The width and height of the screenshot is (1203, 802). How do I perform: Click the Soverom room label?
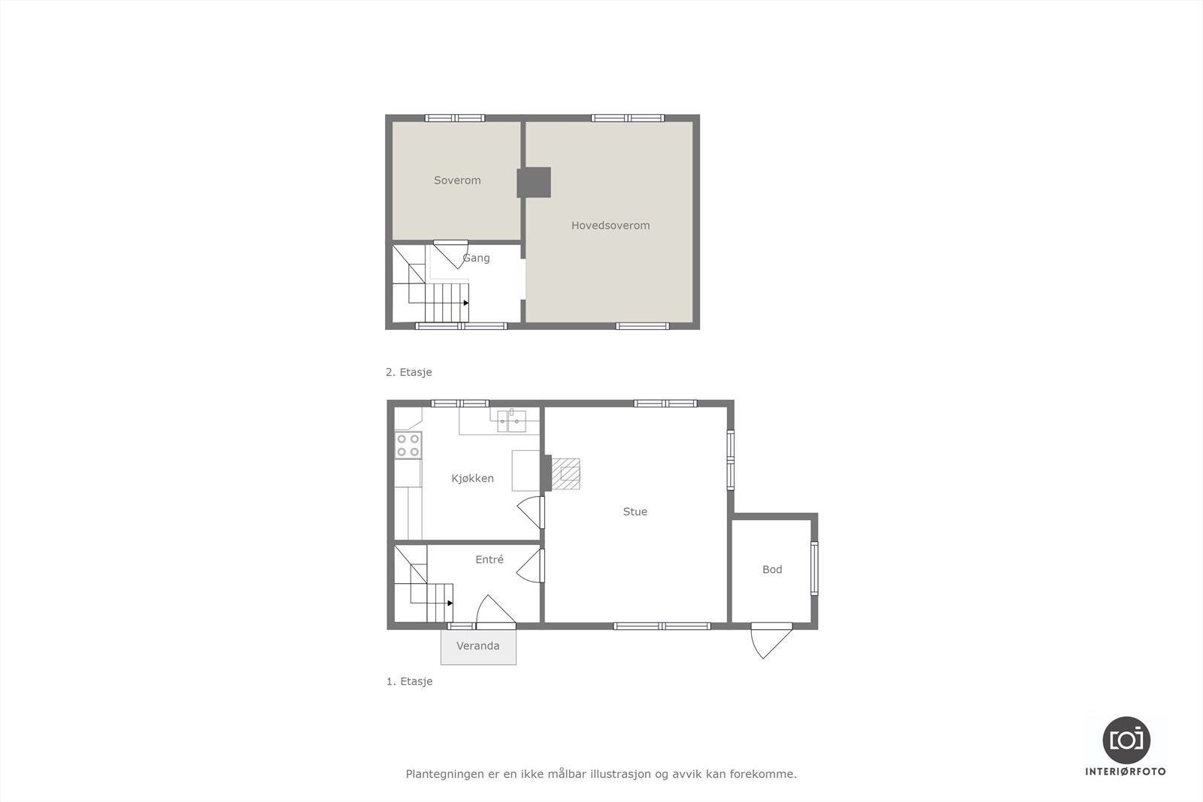(457, 180)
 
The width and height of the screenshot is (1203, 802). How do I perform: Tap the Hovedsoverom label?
(610, 225)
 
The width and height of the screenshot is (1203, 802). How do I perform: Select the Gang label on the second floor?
(476, 258)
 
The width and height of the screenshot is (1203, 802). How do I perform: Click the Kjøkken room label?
(472, 478)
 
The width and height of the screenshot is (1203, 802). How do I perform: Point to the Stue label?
(635, 512)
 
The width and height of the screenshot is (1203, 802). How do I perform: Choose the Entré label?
(489, 560)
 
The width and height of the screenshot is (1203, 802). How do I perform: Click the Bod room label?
(772, 570)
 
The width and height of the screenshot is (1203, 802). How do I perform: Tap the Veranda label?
(477, 646)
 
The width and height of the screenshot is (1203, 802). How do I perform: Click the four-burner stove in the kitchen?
(408, 445)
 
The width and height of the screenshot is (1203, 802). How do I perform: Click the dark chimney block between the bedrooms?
(534, 183)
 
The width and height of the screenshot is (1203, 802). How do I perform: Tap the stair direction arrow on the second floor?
(466, 303)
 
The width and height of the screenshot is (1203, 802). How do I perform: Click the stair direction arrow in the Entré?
(450, 603)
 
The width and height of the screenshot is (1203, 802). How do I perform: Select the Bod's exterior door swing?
(771, 640)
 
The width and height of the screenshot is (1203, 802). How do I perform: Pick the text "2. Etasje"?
(408, 372)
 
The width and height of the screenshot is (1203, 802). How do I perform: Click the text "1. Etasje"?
(409, 682)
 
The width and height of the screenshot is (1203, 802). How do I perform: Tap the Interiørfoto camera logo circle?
(1126, 740)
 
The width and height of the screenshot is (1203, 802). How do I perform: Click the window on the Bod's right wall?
(814, 569)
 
